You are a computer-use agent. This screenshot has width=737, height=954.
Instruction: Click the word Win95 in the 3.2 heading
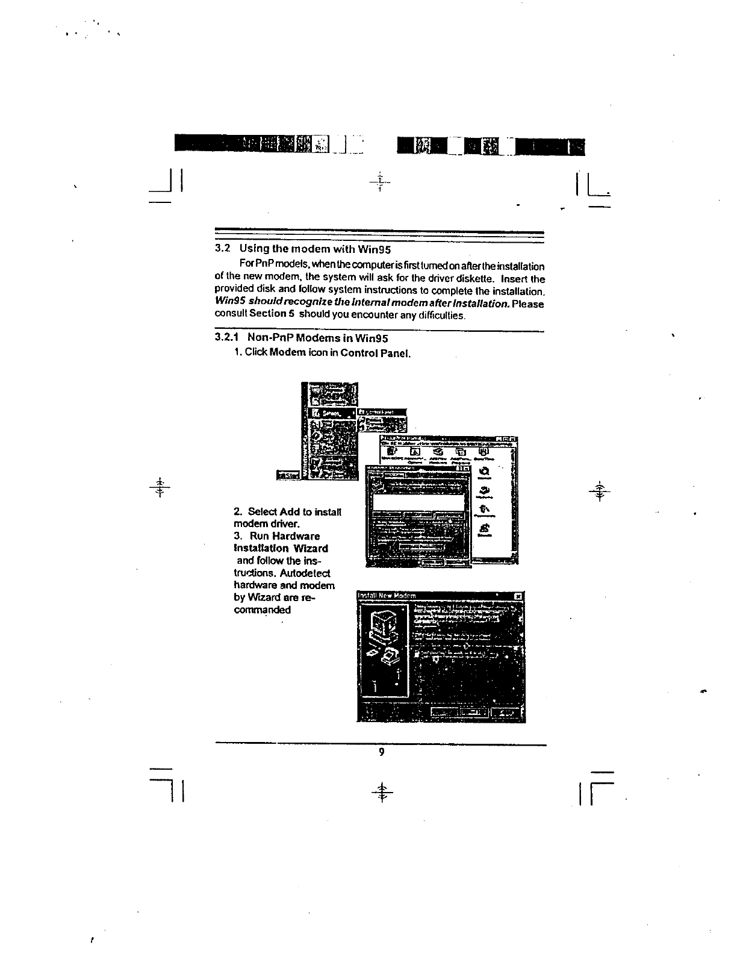pos(375,249)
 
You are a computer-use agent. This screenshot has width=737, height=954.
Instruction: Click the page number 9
pos(381,752)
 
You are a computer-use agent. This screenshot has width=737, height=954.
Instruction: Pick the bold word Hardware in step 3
pos(296,536)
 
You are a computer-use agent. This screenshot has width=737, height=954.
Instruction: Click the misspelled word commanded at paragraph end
pos(262,609)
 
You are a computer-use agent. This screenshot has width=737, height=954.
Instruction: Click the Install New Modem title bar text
pos(387,596)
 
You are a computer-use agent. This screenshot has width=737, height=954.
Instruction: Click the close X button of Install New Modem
pos(518,596)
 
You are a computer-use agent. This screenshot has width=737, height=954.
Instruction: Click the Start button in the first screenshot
pos(288,476)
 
